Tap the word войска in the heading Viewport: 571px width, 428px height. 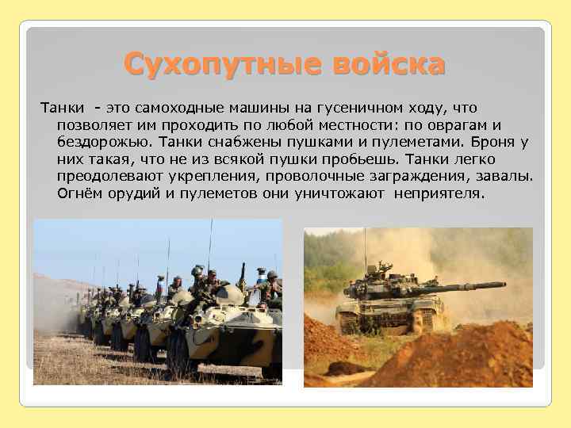point(388,64)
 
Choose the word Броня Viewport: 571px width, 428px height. point(497,142)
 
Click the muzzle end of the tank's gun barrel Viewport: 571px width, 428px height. point(502,285)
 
